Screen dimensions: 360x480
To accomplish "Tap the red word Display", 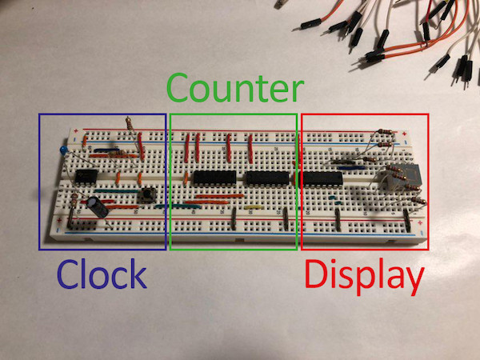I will pos(364,276).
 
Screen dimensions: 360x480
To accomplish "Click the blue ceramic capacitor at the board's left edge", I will pos(62,150).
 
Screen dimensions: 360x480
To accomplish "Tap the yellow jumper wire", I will pos(256,206).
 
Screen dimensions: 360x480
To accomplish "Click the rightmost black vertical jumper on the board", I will pos(408,218).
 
